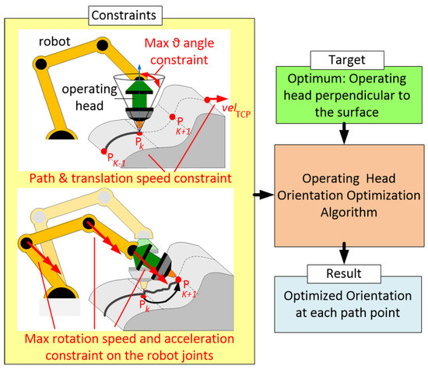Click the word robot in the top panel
click(x=55, y=40)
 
